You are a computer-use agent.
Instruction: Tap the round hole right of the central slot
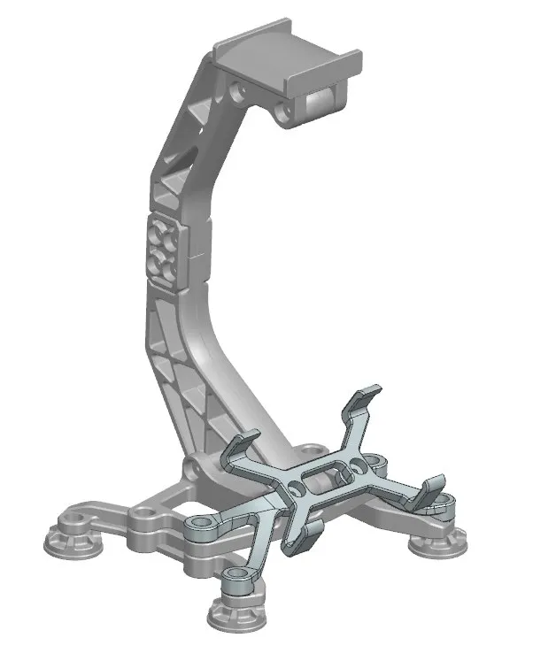click(x=360, y=463)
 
